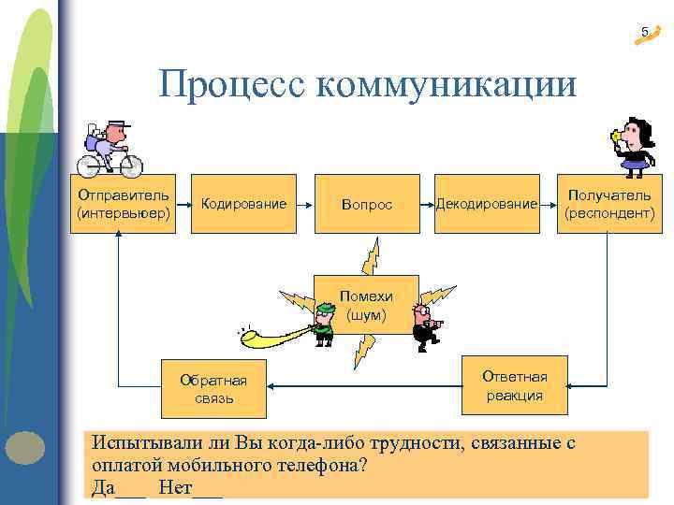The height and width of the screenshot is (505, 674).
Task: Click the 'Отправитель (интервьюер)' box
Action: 124,204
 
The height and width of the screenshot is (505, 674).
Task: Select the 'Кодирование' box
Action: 243,204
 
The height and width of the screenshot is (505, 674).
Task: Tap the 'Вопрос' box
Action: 367,204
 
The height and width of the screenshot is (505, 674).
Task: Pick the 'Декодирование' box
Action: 487,204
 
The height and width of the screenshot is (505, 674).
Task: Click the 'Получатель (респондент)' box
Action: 609,204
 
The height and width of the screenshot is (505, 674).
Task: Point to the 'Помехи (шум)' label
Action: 366,306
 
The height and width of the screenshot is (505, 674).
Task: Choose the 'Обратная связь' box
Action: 213,388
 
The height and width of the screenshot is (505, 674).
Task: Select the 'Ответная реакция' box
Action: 514,384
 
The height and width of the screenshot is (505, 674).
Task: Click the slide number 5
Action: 644,33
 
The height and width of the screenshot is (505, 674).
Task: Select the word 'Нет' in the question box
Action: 175,486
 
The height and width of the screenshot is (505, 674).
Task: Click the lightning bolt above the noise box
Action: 372,255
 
